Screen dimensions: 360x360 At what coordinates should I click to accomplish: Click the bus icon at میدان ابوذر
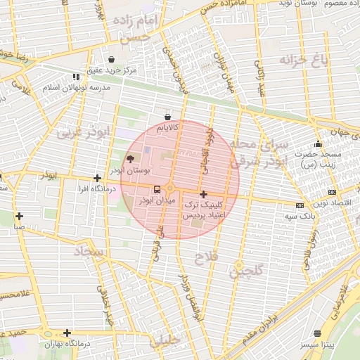point(157,189)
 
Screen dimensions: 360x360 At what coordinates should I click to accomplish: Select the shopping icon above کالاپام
point(167,117)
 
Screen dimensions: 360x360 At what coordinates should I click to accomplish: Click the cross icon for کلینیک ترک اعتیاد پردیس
point(203,194)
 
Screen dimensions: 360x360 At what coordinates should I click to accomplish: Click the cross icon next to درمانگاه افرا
point(97,179)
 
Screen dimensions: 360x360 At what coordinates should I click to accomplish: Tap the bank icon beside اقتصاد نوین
point(332,192)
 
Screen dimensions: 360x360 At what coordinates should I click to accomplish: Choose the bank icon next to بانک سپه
point(300,205)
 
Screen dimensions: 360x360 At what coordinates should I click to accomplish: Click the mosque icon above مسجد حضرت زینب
point(318,144)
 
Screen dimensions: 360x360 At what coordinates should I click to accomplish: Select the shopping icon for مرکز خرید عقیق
point(112,59)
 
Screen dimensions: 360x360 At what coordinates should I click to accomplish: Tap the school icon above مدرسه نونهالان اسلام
point(75,77)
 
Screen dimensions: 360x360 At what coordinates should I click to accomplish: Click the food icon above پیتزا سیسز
point(318,333)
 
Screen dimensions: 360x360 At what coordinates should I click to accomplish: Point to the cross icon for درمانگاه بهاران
point(67,333)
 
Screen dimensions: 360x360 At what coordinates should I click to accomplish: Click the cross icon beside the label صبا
point(19,216)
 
